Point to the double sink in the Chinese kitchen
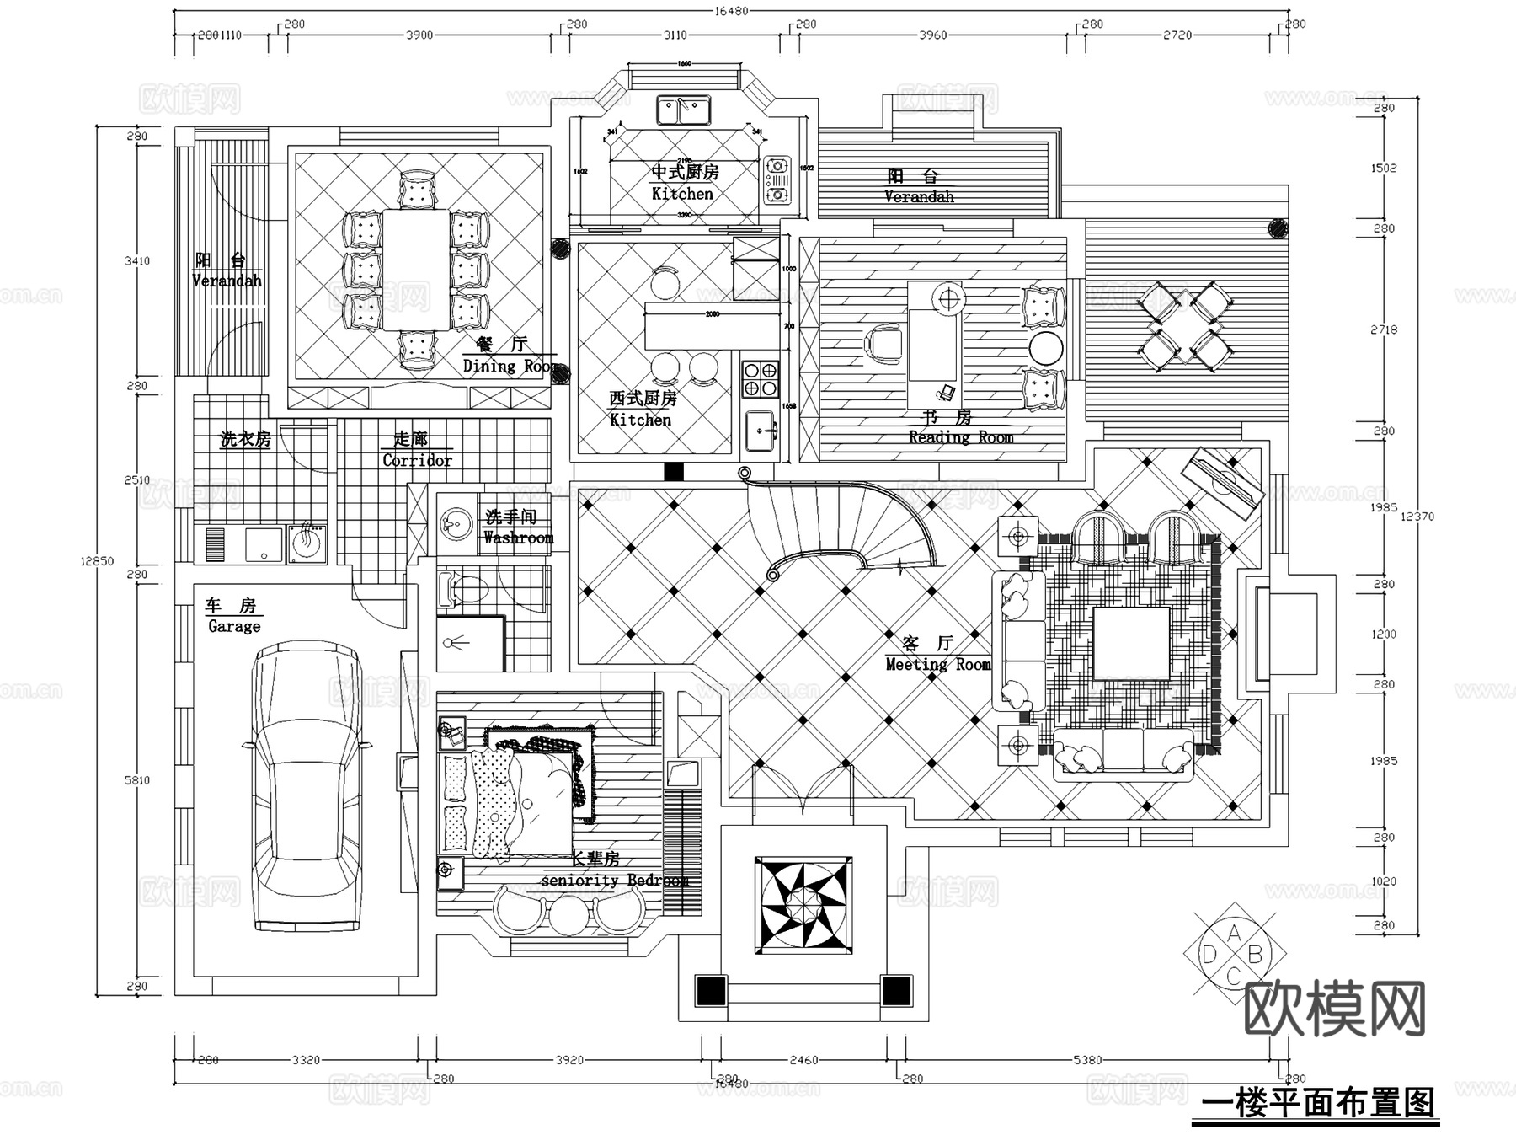click(x=684, y=110)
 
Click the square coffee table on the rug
click(x=1131, y=643)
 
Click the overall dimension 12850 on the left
click(x=97, y=560)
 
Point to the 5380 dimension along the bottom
click(x=1087, y=1060)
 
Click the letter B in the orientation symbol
click(x=1255, y=955)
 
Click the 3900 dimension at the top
click(x=419, y=35)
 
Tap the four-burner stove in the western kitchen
click(x=760, y=378)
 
